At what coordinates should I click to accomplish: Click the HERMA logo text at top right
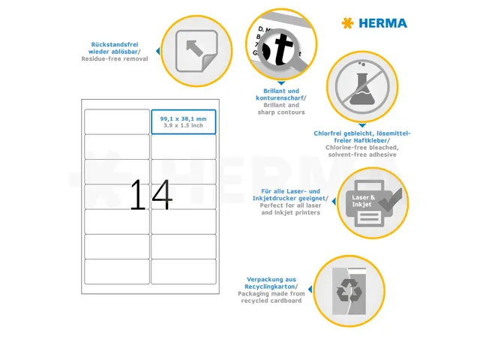[382, 23]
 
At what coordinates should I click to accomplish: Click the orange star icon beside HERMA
[346, 23]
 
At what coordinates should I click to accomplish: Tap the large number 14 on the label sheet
[151, 195]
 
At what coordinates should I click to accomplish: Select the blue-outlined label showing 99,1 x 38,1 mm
[183, 121]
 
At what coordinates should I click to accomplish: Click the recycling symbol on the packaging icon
[349, 290]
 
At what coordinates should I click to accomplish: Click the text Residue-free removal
[115, 58]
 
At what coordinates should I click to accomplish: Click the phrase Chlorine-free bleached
[361, 148]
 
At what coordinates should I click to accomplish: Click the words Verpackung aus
[270, 279]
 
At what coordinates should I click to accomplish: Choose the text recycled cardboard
[271, 300]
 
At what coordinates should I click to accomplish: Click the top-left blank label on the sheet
[117, 121]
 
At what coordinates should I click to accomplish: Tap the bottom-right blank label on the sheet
[183, 271]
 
